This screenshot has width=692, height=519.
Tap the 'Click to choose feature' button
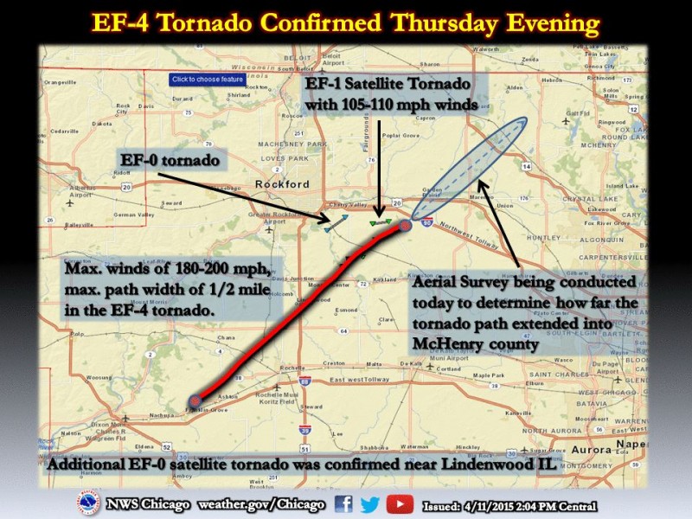coord(207,80)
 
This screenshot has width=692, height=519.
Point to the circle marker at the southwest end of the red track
coord(195,400)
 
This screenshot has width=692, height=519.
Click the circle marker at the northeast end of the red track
coord(405,226)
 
